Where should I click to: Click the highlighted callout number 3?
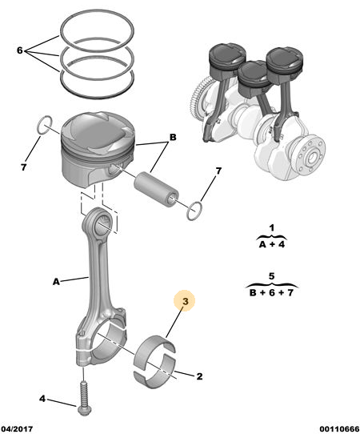(x=185, y=301)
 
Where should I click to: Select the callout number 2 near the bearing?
(x=199, y=376)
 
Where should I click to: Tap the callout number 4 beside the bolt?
(x=42, y=399)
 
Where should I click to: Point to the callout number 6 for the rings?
(x=19, y=50)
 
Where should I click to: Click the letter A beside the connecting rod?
(x=56, y=281)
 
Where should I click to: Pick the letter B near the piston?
(x=173, y=137)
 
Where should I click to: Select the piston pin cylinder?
(x=156, y=189)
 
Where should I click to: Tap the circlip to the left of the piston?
(x=45, y=124)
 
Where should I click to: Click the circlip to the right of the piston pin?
(x=194, y=211)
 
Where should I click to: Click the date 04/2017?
(x=17, y=429)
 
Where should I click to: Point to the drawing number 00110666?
(x=339, y=429)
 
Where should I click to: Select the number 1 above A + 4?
(x=271, y=227)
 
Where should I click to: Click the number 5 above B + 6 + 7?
(x=271, y=275)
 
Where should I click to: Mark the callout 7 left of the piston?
(x=23, y=167)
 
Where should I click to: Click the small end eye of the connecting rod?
(x=100, y=223)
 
